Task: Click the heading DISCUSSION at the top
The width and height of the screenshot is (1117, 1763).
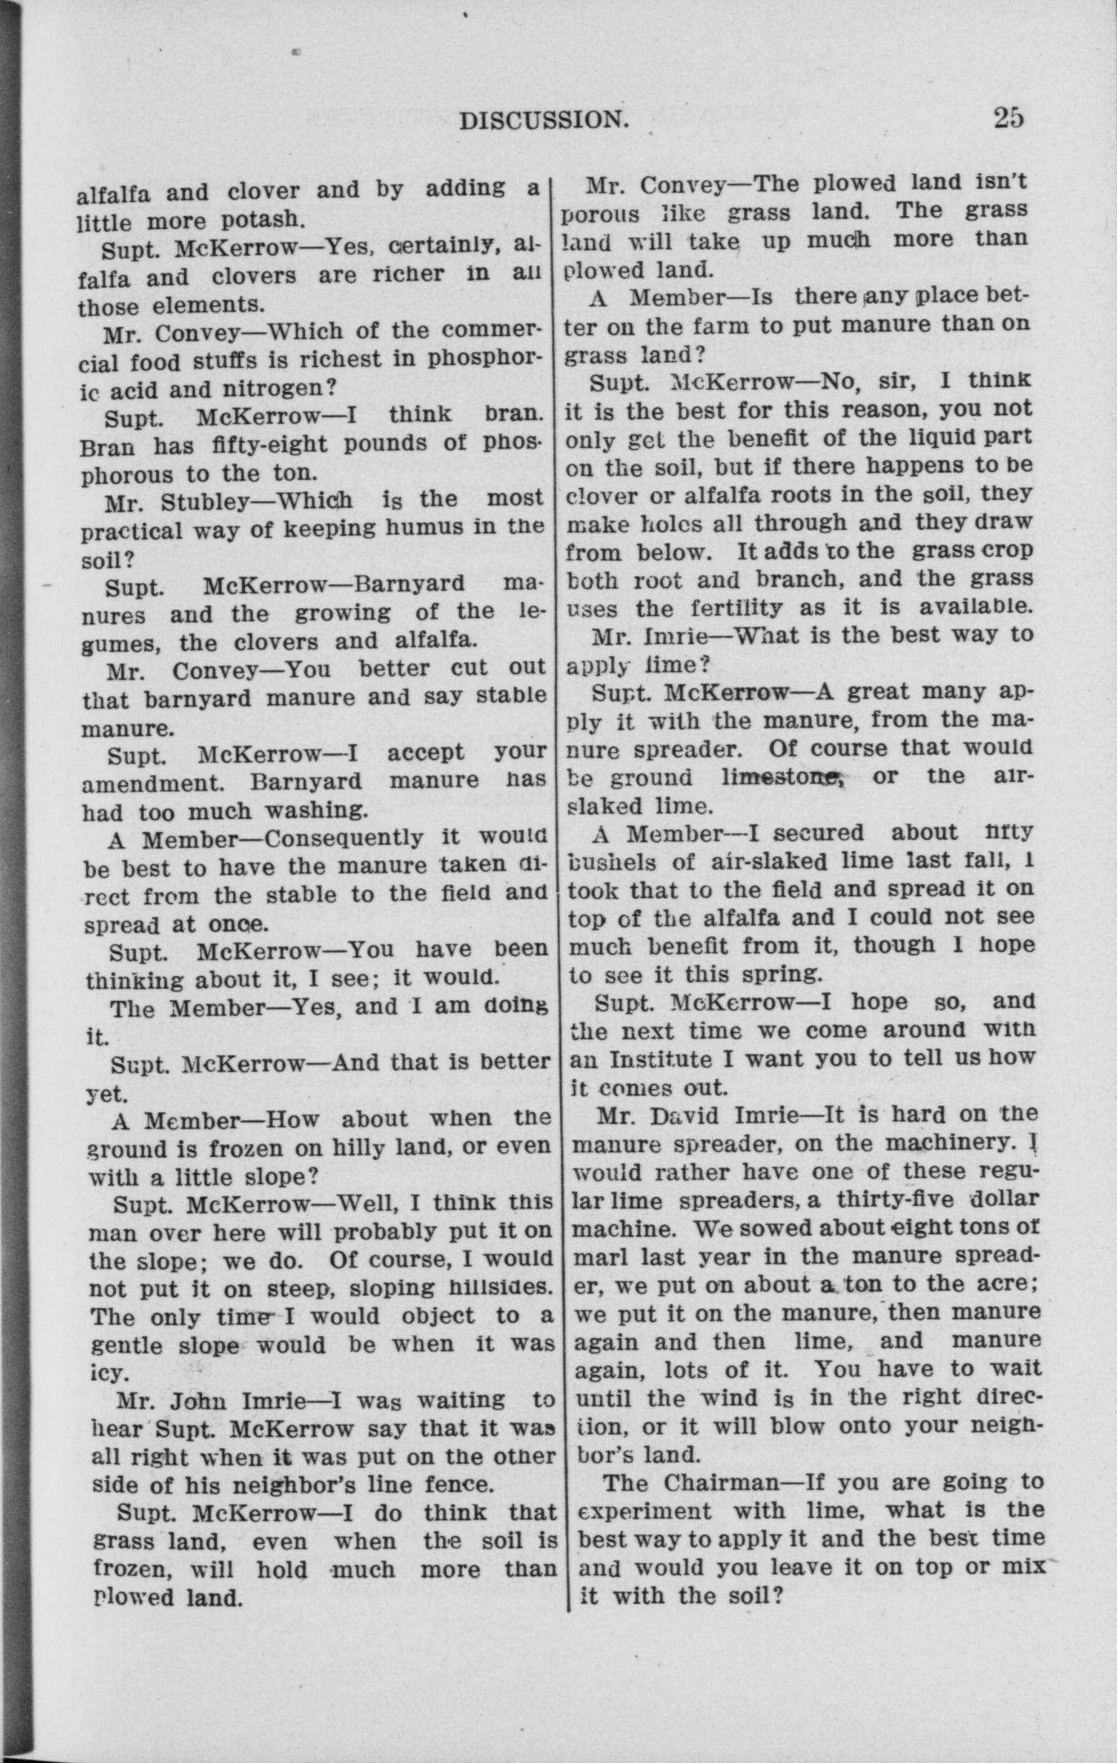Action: coord(544,119)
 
